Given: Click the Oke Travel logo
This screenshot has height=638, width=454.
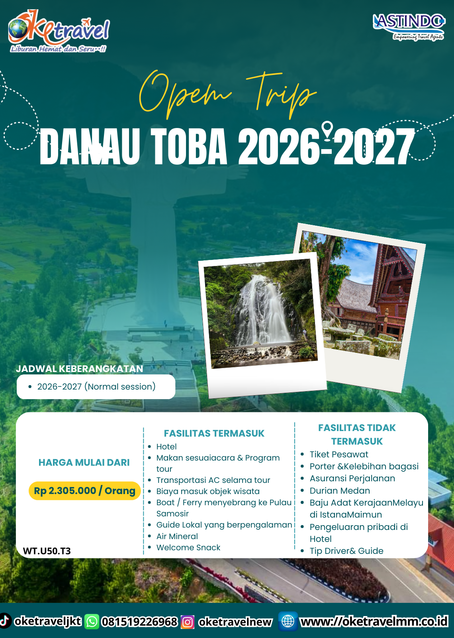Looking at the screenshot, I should [59, 31].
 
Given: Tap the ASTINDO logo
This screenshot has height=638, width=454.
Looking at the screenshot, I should [409, 26].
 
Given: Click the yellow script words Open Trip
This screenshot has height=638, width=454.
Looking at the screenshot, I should [227, 94].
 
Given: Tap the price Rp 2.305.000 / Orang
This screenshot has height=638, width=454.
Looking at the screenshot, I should [84, 490].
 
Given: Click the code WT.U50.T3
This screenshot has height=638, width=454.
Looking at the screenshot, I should [47, 551].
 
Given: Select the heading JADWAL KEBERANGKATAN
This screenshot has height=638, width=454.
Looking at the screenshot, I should [79, 369].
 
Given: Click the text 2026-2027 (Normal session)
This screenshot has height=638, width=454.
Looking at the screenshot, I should [96, 386].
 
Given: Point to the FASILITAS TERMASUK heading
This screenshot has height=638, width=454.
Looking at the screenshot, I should [214, 433].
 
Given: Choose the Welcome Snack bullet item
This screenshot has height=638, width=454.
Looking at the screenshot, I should [188, 547].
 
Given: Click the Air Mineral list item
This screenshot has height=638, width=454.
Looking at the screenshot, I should [177, 536].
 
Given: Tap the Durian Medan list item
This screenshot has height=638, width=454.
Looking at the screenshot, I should [340, 490].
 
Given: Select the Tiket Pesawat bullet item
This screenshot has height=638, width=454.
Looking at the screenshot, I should [339, 454].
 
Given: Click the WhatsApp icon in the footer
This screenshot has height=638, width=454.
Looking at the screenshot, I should [92, 622].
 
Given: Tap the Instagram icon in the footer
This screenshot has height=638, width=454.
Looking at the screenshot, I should [188, 622].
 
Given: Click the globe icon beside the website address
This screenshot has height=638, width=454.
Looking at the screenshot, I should [288, 621].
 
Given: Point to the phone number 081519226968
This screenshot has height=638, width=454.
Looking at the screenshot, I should [139, 622].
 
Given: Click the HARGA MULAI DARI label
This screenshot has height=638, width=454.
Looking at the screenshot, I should [84, 463].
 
